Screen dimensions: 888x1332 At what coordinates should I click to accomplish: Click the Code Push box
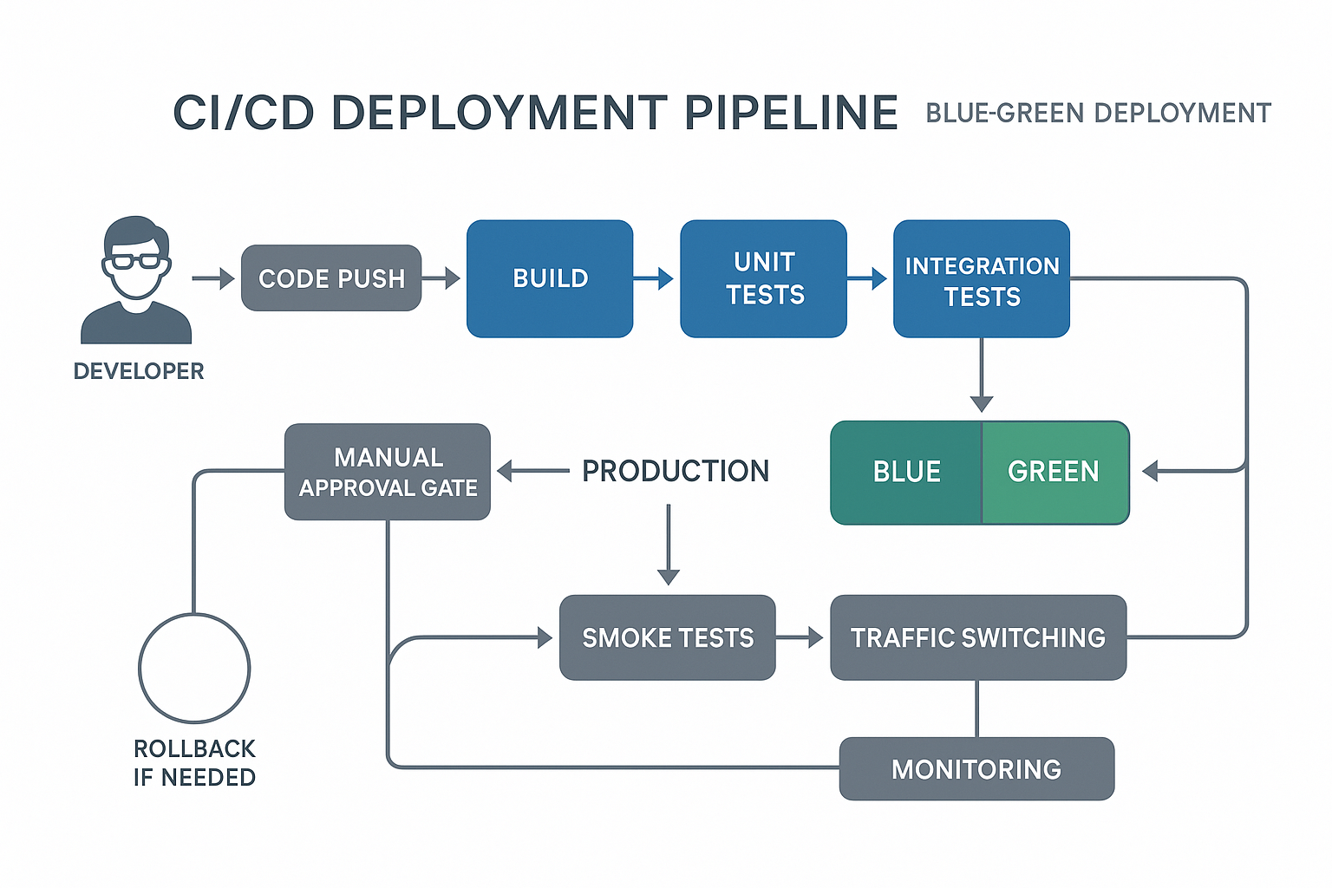[x=331, y=278]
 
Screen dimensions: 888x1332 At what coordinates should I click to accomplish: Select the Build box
[x=550, y=278]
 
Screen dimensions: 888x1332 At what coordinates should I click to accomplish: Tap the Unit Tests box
[x=763, y=278]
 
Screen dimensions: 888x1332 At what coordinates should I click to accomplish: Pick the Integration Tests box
[x=981, y=279]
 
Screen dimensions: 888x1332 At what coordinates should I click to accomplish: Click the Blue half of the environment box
[x=906, y=472]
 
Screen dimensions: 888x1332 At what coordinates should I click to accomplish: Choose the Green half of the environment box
[x=1054, y=472]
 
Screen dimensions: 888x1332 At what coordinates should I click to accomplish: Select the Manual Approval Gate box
[x=388, y=472]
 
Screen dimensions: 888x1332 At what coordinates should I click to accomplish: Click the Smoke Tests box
[x=667, y=637]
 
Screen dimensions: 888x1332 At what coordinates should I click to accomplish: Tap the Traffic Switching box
[x=977, y=637]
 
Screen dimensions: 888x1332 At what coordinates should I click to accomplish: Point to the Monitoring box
[x=976, y=769]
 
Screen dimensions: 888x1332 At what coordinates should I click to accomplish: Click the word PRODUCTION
[x=675, y=471]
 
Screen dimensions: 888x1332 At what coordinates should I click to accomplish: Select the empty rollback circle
[x=194, y=668]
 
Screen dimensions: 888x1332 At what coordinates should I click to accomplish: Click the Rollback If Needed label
[x=194, y=763]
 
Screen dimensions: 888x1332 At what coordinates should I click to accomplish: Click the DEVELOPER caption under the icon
[x=139, y=371]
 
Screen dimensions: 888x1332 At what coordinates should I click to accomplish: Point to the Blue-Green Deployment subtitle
[x=1098, y=114]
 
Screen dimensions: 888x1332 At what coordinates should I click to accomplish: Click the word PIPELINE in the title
[x=791, y=114]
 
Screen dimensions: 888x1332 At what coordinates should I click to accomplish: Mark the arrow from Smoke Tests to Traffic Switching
[x=800, y=637]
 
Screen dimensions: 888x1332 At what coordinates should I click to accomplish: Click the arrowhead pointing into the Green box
[x=1151, y=472]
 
